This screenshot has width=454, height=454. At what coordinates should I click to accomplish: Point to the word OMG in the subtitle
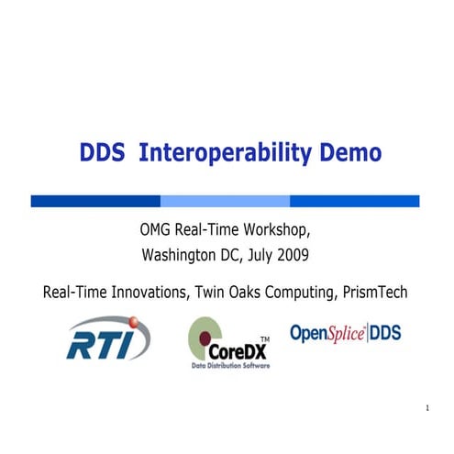point(153,229)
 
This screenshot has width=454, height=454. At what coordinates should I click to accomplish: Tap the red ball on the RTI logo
point(136,323)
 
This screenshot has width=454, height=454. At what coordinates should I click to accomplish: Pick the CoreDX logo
point(225,343)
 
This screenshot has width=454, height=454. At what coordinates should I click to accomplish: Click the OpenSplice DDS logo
point(345,334)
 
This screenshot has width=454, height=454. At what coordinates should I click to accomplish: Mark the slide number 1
point(428,407)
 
